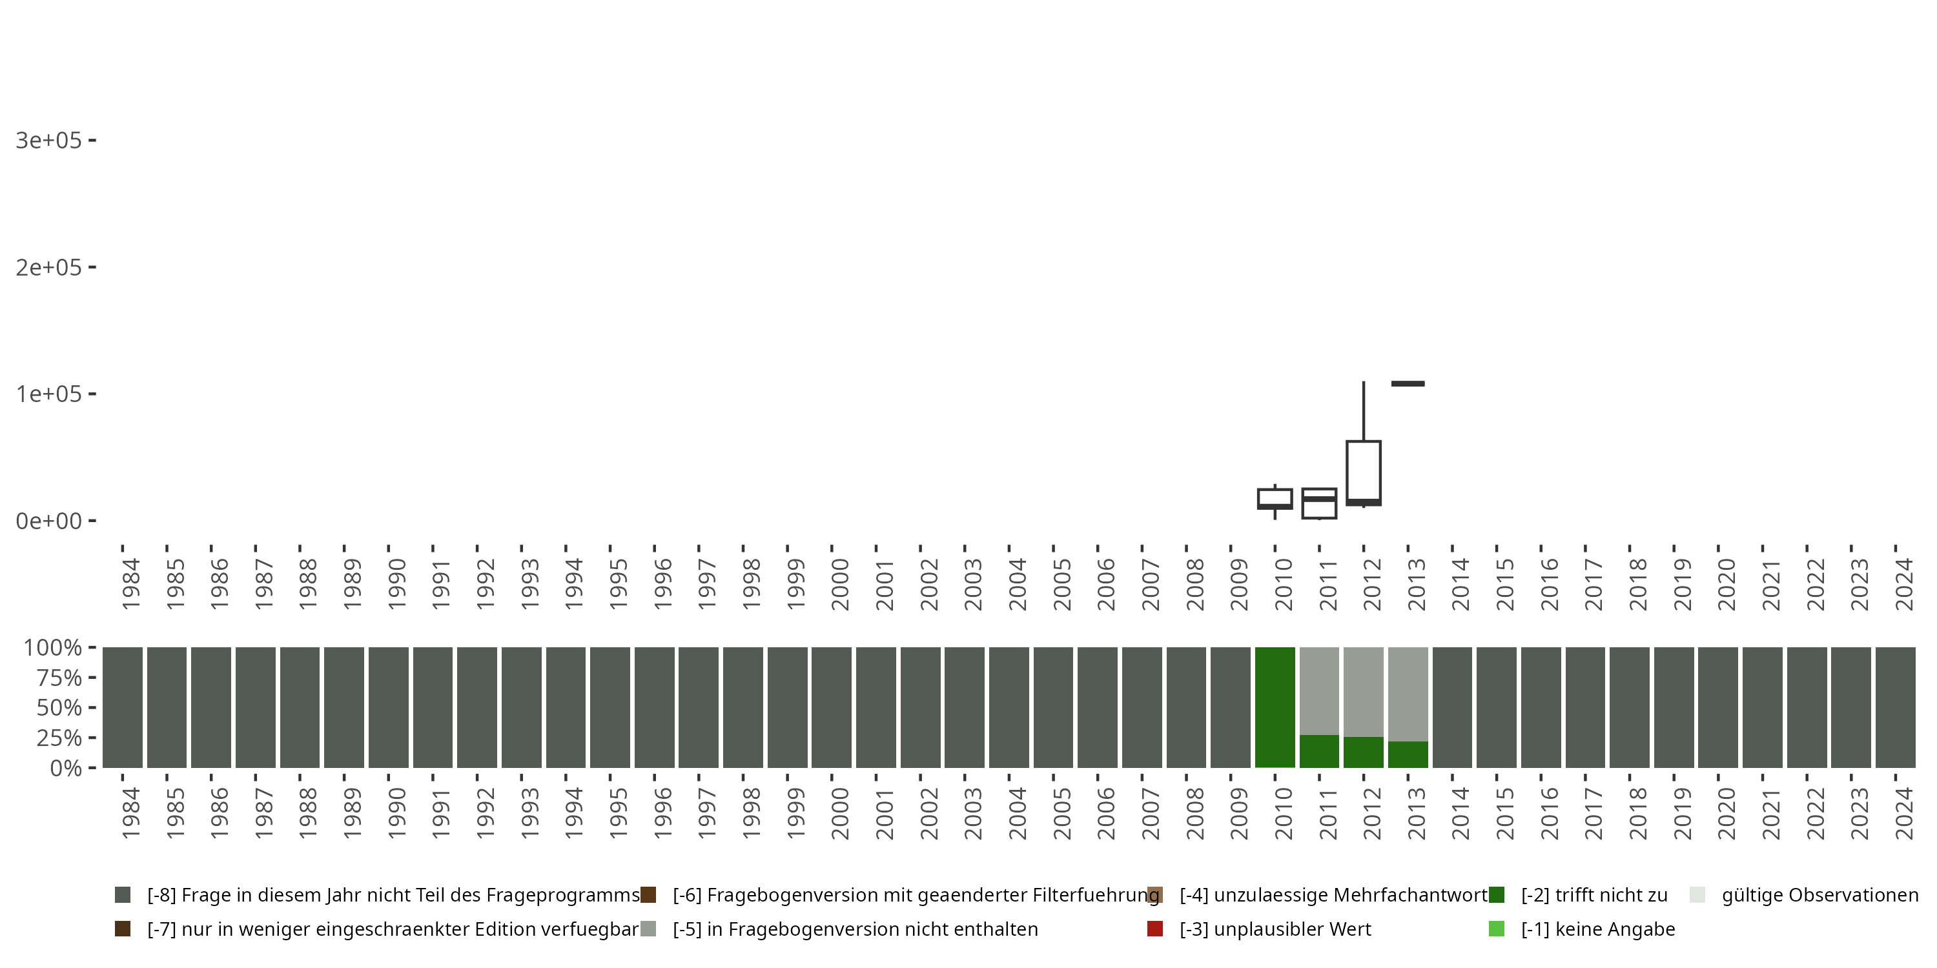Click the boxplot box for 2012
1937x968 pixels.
(x=1363, y=471)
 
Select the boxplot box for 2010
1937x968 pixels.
(x=1275, y=498)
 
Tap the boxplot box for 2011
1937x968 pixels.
(x=1319, y=503)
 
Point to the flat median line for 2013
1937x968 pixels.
(x=1408, y=384)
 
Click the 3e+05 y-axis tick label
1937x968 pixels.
(x=48, y=141)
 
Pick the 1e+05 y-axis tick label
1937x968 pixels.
(x=48, y=394)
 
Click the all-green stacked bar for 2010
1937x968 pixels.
(x=1275, y=707)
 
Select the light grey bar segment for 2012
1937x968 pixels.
(x=1363, y=691)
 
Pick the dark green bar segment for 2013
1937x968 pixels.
(x=1408, y=754)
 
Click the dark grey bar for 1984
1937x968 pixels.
(x=123, y=707)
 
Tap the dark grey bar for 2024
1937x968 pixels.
(x=1895, y=707)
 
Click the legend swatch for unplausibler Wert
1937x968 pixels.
(x=1155, y=929)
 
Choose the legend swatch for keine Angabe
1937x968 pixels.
(x=1497, y=929)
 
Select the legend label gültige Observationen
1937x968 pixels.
(x=1819, y=895)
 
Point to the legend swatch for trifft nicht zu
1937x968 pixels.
(x=1497, y=895)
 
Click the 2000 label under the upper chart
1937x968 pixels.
(x=839, y=584)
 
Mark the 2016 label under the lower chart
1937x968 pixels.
(x=1549, y=813)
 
